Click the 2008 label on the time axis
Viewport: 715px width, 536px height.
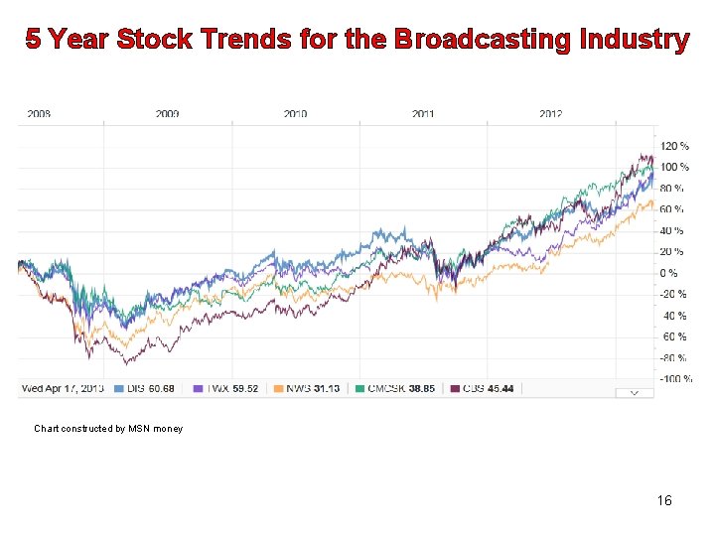(x=39, y=114)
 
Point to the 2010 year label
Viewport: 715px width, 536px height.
(x=295, y=114)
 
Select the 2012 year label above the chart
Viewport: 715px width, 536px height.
(x=551, y=114)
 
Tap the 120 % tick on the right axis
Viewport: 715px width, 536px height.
(x=674, y=146)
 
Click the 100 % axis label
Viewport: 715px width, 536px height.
(x=674, y=167)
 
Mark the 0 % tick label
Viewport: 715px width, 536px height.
(x=670, y=273)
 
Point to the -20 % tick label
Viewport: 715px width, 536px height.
(x=674, y=294)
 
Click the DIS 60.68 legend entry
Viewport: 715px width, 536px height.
(x=145, y=388)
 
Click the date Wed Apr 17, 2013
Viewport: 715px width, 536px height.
(x=62, y=388)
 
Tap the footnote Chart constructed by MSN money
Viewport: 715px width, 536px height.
(x=108, y=429)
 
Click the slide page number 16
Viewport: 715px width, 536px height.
(x=664, y=500)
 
